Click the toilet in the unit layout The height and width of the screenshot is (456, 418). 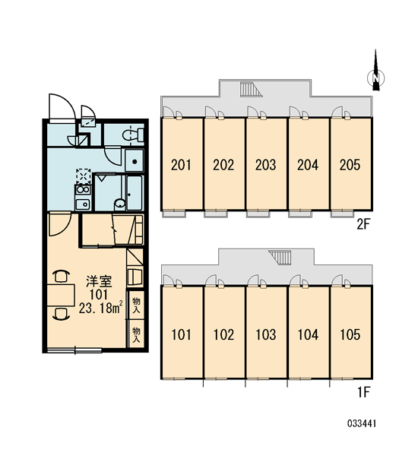[133, 135]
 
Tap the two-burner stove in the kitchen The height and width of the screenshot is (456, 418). [83, 189]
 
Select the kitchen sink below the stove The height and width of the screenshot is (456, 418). [83, 204]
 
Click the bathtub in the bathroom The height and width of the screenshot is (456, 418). [135, 192]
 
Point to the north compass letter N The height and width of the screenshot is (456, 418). [376, 78]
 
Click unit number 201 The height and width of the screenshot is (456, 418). [181, 165]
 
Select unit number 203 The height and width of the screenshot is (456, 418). [265, 165]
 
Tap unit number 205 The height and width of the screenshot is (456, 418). [350, 165]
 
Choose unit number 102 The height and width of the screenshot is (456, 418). [223, 334]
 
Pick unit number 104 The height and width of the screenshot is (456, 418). [308, 334]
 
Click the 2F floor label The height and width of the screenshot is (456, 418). [363, 224]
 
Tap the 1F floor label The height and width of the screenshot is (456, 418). [363, 393]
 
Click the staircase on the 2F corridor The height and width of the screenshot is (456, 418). [251, 89]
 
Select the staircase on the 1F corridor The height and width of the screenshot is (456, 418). [280, 258]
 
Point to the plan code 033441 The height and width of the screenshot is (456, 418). [362, 423]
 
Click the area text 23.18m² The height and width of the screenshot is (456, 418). [100, 309]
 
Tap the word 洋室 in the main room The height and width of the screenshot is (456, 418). [99, 281]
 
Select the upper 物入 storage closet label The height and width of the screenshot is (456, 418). [136, 305]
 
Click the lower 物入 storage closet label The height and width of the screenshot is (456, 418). [136, 334]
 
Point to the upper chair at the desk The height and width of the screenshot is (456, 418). [61, 276]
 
